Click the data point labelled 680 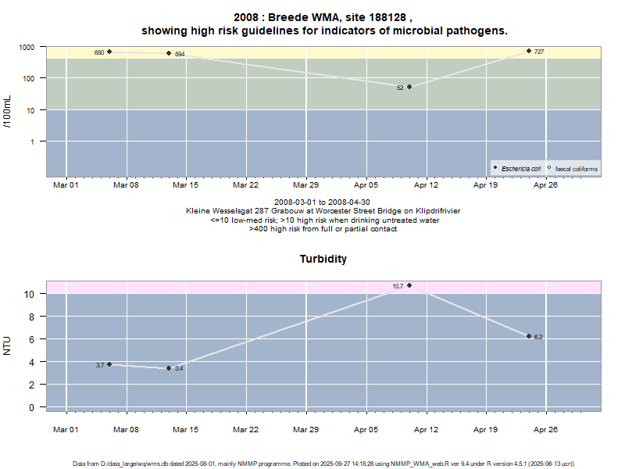[109, 52]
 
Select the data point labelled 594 [169, 53]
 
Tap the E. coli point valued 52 [409, 87]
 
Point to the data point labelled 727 [529, 51]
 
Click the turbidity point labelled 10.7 [409, 285]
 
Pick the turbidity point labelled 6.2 [529, 336]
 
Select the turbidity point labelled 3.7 [109, 364]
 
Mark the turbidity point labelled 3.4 [169, 368]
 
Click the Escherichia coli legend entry [517, 168]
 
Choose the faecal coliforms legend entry [573, 168]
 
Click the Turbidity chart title [323, 259]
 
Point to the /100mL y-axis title [8, 112]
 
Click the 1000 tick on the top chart [27, 47]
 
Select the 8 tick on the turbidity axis [30, 317]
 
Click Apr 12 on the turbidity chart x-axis [426, 429]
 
